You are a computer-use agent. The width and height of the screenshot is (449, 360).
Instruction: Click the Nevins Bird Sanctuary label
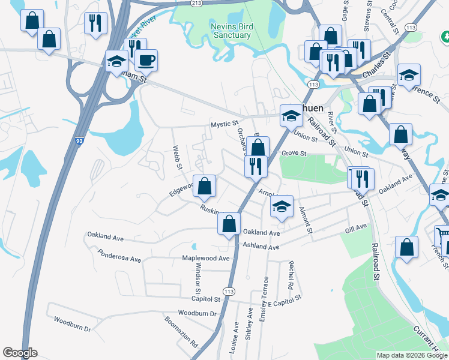click(231, 31)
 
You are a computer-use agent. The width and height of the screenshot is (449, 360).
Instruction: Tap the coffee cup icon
click(146, 60)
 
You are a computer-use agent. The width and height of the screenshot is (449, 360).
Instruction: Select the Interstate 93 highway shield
click(79, 142)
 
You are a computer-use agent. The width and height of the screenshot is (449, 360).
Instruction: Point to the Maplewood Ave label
click(206, 259)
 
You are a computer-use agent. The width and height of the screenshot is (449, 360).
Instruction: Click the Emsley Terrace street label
click(263, 298)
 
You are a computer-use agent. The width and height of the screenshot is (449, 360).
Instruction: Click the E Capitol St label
click(284, 301)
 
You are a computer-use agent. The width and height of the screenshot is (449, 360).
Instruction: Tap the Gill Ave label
click(356, 228)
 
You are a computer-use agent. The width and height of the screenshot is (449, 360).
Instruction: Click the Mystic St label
click(224, 124)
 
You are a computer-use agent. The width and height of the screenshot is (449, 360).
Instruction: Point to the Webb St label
click(176, 157)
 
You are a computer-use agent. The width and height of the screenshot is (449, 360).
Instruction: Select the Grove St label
click(294, 154)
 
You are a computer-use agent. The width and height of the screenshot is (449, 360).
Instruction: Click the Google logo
click(20, 353)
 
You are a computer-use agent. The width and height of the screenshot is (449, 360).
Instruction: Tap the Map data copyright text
click(411, 355)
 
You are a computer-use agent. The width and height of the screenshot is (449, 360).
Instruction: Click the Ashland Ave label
click(261, 247)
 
